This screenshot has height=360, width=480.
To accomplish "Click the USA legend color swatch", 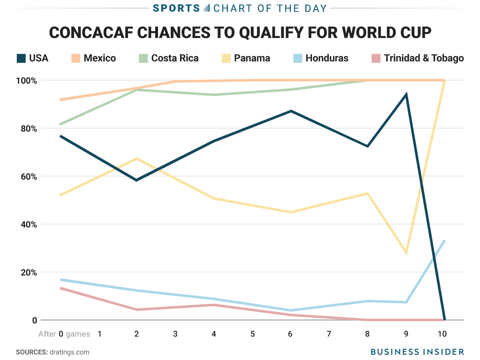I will point(21,58).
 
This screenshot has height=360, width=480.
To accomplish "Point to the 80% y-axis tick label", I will point(27,128).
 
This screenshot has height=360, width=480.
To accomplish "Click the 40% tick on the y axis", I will point(27,224).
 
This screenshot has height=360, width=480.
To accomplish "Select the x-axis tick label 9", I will point(406,334).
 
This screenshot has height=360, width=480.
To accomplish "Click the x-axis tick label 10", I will point(442,334).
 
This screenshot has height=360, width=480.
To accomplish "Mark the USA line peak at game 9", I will point(406,95).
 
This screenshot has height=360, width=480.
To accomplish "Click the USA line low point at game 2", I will point(137,180).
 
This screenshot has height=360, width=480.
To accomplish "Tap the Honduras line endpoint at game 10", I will point(444,240).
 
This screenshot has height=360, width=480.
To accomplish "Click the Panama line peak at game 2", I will point(137,159).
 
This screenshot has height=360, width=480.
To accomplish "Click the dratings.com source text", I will point(69,352).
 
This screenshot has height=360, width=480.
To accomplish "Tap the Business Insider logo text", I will point(417,352).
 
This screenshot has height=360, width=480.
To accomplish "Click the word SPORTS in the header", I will point(176,8).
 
